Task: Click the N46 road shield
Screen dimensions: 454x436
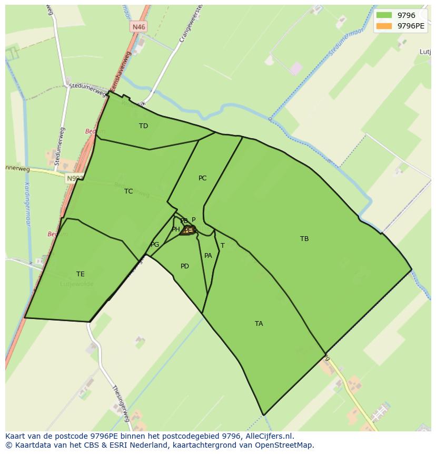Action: [x=139, y=26]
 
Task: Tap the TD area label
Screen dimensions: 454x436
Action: [x=143, y=126]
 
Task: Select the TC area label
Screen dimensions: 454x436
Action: [x=128, y=191]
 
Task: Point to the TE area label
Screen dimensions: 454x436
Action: [x=80, y=274]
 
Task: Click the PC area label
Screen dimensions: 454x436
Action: [x=202, y=178]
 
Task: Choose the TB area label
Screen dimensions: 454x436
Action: [x=304, y=239]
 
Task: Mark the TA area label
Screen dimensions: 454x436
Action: [x=259, y=324]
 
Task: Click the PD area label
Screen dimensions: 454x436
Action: [x=184, y=266]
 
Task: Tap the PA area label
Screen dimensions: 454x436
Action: [x=208, y=256]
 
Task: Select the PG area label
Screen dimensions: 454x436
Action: [x=155, y=245]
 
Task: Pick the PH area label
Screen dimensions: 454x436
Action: [x=175, y=229]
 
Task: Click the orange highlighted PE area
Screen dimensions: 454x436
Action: [x=188, y=230]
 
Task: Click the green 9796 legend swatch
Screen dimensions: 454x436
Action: [x=384, y=15]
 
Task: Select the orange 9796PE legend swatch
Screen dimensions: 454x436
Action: [x=384, y=26]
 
